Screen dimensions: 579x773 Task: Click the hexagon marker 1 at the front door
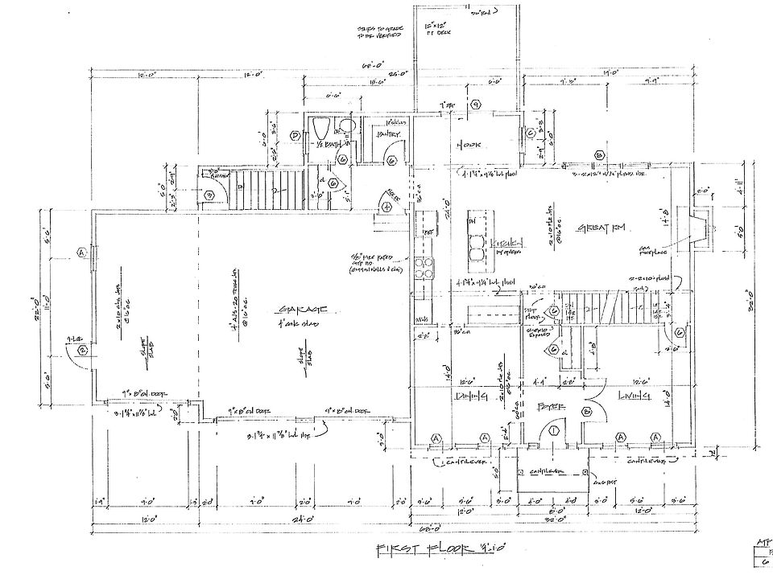(554, 432)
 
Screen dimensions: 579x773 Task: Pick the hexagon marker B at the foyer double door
(587, 412)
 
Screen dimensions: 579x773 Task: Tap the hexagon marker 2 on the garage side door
(82, 351)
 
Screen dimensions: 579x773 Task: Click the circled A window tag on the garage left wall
(81, 252)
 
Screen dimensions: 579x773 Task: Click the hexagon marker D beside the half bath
(296, 136)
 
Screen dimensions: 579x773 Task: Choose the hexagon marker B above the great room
(599, 155)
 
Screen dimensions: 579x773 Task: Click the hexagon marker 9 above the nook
(476, 105)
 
